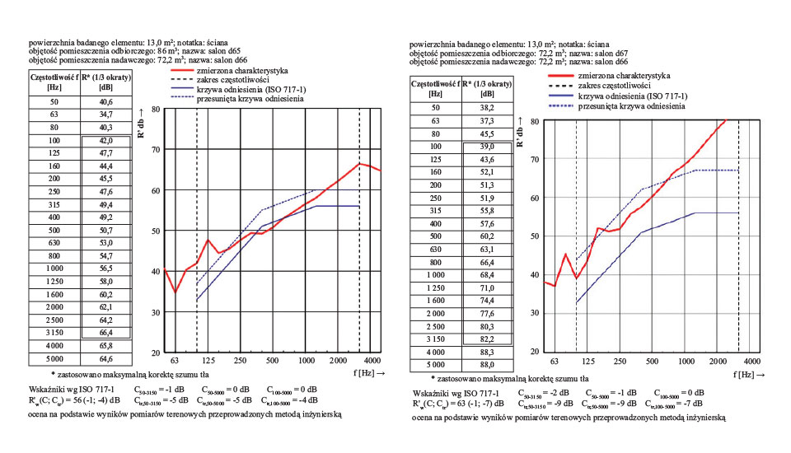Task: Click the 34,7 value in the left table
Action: (x=106, y=114)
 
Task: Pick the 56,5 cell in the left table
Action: (x=106, y=268)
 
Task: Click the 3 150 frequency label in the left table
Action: (x=55, y=332)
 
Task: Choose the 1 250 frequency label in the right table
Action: (x=436, y=288)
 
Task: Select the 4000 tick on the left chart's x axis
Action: (x=372, y=361)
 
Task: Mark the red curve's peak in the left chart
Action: (x=359, y=163)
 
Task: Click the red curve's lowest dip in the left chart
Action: (x=176, y=292)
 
